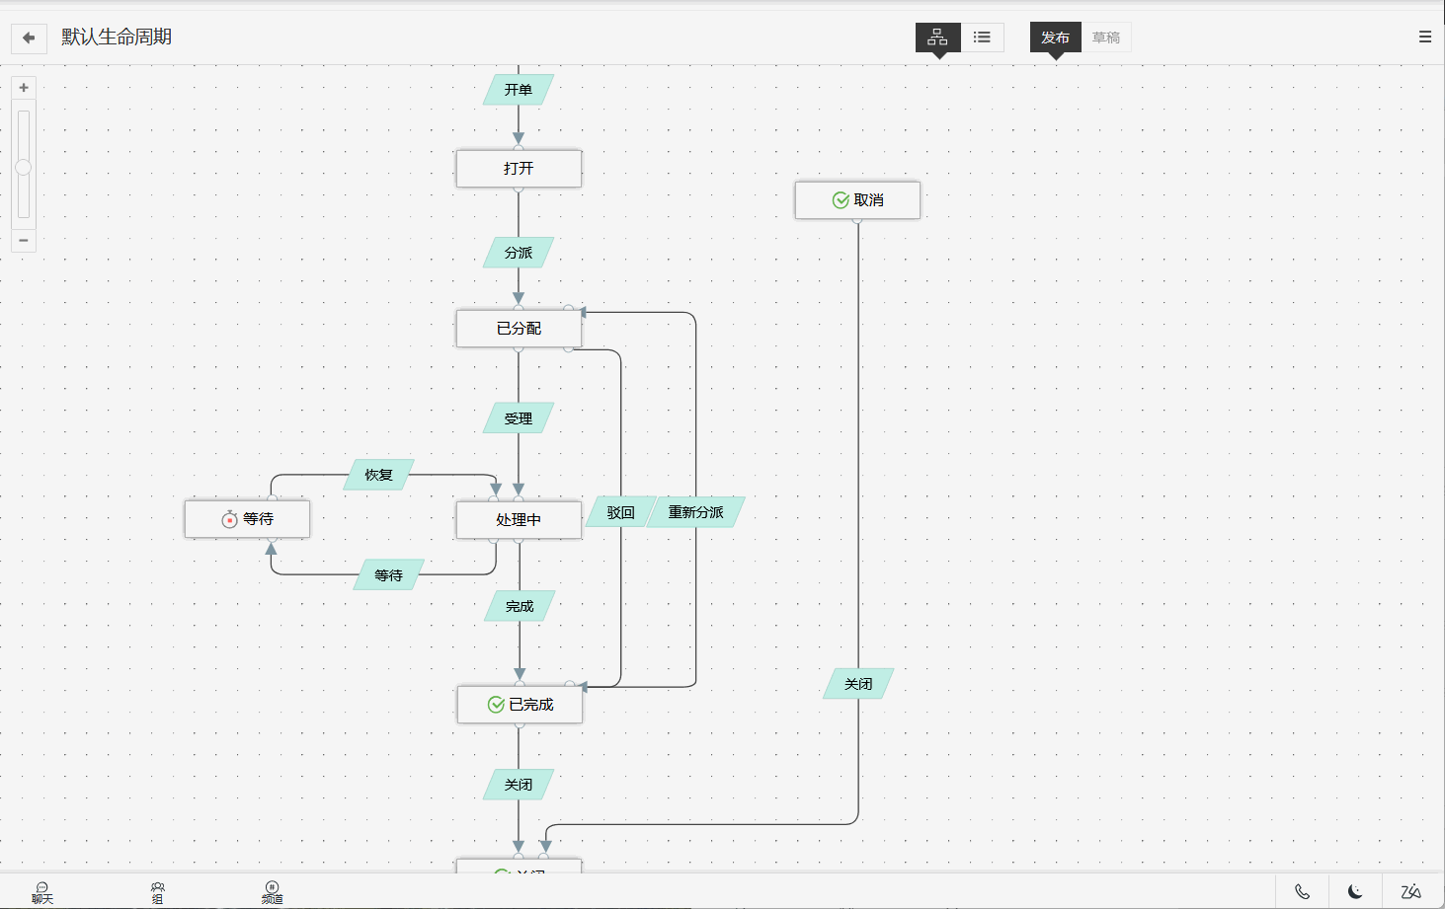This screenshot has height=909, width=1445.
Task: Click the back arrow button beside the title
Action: coord(29,38)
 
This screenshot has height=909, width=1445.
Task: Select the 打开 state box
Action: coord(519,169)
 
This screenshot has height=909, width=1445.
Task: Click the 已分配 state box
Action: coord(519,329)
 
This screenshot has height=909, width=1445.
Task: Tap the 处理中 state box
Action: coord(519,520)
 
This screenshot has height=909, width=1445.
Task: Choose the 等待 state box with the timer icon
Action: coord(247,519)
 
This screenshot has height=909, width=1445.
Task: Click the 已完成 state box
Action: coord(520,705)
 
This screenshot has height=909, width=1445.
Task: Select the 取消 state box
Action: coord(857,200)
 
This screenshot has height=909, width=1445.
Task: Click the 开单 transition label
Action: coord(519,90)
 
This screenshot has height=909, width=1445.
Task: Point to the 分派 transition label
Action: coord(519,253)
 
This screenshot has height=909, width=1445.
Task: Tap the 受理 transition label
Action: coord(519,418)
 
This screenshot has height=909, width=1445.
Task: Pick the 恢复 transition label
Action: coord(379,475)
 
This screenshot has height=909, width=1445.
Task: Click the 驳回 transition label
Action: coord(620,512)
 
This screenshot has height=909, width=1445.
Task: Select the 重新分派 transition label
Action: coord(695,512)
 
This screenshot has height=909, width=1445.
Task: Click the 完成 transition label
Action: coord(520,606)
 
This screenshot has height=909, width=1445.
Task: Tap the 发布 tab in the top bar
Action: coord(1055,38)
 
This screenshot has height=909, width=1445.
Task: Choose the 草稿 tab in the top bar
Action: coord(1106,38)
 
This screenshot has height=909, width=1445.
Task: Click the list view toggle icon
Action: coord(982,38)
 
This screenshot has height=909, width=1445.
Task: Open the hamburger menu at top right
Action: coord(1425,37)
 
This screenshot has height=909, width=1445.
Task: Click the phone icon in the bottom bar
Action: coord(1303,892)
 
